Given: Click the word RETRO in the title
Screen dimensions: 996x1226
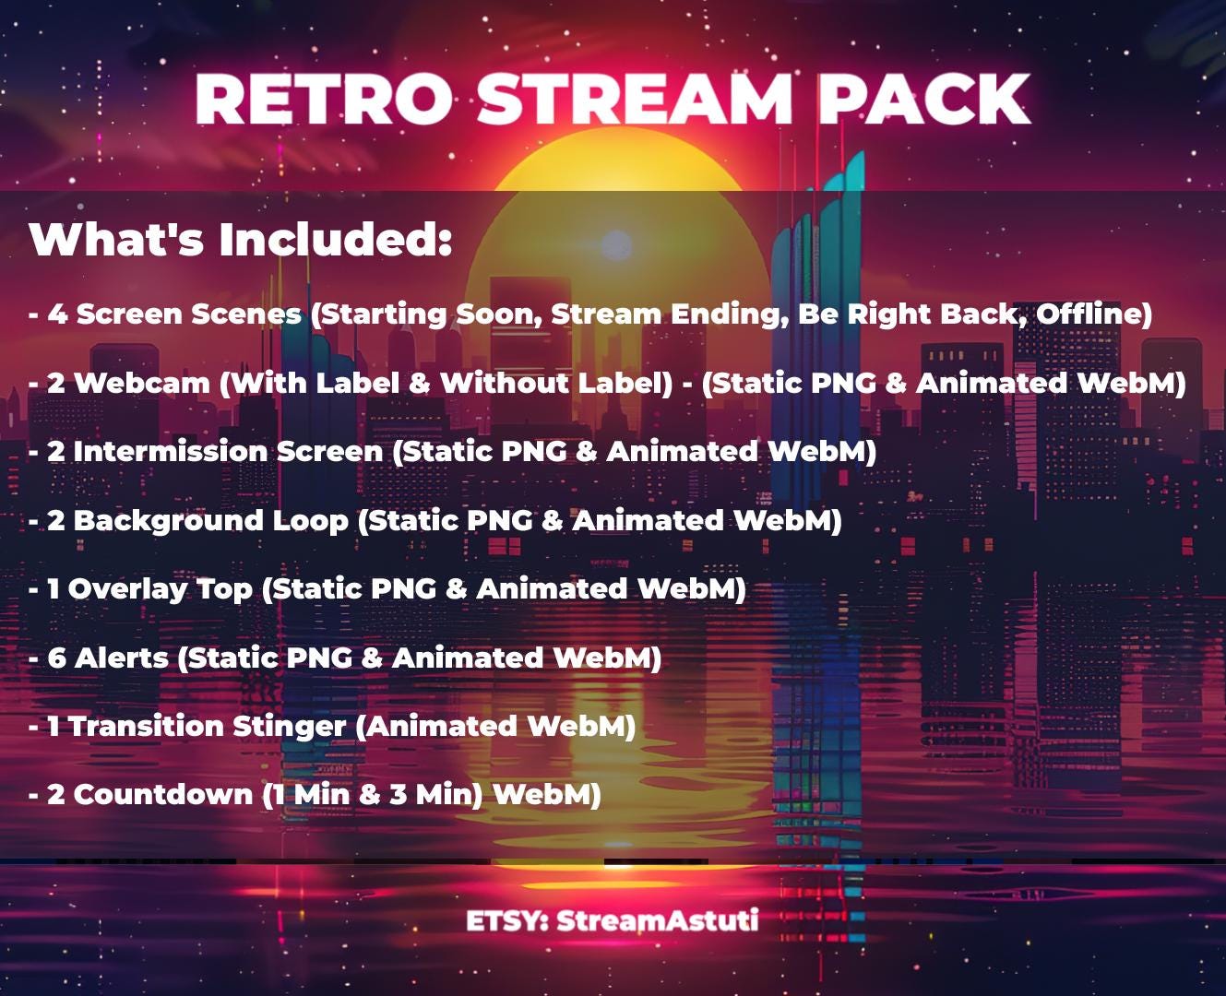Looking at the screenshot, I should click(x=324, y=99).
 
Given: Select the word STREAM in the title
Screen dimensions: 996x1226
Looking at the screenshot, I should click(x=635, y=99).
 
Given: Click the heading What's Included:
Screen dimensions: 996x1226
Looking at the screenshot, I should click(x=241, y=240).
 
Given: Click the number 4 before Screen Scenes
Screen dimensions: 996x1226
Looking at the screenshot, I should click(x=57, y=314).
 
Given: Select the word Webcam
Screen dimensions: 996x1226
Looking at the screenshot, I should click(x=142, y=384).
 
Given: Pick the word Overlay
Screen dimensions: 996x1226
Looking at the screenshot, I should click(x=127, y=589).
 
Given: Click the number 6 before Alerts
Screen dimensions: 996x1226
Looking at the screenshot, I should click(x=57, y=658).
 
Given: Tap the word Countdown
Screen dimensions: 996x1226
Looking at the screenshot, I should click(x=162, y=795).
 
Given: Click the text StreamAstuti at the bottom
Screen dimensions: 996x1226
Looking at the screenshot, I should click(x=657, y=920).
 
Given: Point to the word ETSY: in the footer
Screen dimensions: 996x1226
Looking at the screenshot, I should click(x=506, y=920).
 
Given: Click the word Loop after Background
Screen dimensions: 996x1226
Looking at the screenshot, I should click(x=309, y=521).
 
